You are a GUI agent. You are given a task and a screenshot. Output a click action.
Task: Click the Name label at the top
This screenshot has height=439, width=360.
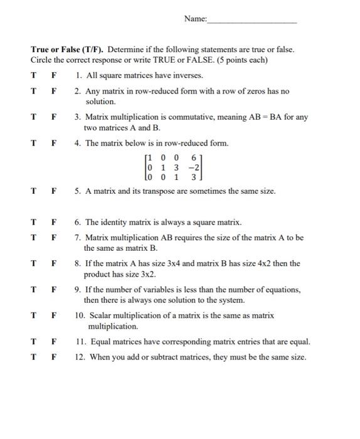195,19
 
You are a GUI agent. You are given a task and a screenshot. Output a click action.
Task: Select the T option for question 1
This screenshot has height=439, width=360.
33,75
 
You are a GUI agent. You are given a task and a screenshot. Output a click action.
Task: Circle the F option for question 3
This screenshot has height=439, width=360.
54,117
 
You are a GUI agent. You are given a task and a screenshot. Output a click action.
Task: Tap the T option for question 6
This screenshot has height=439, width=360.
33,222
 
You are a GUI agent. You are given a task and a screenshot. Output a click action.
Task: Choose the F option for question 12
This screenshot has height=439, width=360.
54,357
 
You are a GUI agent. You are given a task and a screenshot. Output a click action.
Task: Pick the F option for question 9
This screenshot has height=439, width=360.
54,290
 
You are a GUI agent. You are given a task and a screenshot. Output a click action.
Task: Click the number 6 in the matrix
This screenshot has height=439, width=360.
194,157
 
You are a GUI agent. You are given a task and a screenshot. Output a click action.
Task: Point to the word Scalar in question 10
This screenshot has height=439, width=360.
101,316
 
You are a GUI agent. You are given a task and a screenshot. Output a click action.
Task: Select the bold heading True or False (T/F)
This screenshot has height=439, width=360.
68,49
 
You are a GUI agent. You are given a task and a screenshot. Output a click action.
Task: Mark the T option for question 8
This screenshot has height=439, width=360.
33,263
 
